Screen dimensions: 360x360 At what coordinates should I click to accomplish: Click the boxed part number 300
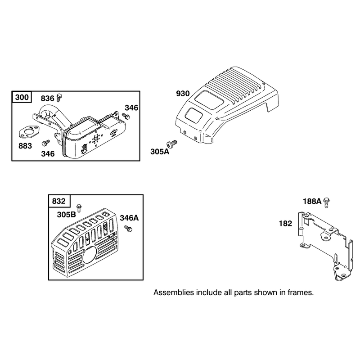click(22, 97)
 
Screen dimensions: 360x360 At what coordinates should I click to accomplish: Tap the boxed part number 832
click(59, 201)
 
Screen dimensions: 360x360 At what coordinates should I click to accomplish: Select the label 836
click(48, 99)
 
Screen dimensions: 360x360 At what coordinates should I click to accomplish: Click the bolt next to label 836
click(59, 97)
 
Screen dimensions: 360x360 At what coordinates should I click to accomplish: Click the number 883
click(25, 146)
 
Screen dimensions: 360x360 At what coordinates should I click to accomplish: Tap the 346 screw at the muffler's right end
click(126, 116)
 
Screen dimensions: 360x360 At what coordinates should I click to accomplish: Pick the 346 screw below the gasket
click(46, 143)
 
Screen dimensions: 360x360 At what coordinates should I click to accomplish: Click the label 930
click(183, 94)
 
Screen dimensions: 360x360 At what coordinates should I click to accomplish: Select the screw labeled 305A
click(171, 144)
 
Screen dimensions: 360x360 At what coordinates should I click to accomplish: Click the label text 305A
click(160, 152)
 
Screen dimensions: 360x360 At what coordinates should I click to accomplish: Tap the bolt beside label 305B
click(79, 208)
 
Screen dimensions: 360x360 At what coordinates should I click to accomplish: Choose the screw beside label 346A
click(128, 229)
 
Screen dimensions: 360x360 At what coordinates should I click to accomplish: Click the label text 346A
click(129, 218)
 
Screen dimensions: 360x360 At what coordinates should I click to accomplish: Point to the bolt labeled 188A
click(326, 203)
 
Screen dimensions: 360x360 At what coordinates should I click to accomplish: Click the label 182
click(285, 223)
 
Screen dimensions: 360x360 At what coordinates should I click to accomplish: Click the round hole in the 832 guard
click(90, 255)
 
